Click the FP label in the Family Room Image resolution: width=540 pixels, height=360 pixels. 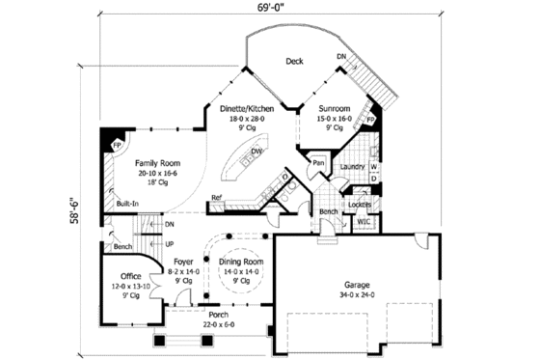tap(117, 146)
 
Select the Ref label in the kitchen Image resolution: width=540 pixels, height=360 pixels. tap(217, 197)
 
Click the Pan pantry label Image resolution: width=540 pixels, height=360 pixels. tap(316, 164)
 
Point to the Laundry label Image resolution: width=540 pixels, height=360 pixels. tap(352, 166)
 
